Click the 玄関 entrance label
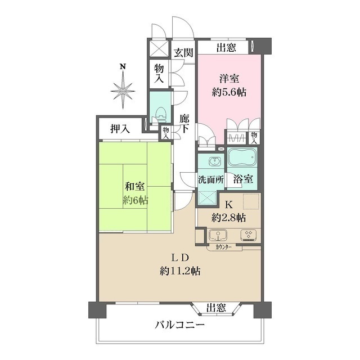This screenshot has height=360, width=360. pos(183,53)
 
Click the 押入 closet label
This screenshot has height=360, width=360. pos(119,129)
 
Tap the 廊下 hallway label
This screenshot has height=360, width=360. pos(184,123)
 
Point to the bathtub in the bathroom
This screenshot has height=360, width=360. pos(242,158)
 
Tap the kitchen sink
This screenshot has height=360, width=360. pos(217,235)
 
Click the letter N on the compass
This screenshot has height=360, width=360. pos(122,67)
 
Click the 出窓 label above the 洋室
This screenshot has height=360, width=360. pos(227,47)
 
